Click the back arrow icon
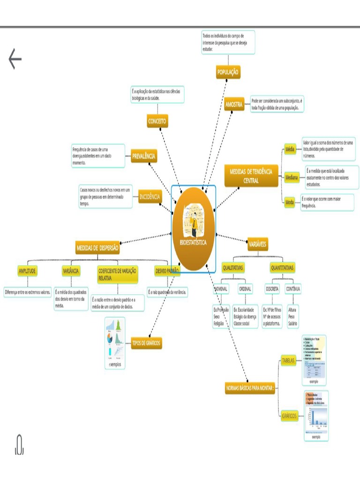15,60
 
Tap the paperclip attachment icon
19,444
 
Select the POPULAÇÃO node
228,72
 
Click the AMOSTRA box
234,105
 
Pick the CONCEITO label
157,121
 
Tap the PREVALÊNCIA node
143,157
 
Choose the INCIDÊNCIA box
150,197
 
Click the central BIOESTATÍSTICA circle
193,229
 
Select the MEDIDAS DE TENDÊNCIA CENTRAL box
251,176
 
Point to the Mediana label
291,178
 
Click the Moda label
290,202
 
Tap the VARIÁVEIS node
258,244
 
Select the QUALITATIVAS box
233,268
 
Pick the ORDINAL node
245,289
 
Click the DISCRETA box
272,289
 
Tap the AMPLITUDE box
27,271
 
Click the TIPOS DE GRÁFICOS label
146,343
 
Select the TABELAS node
288,360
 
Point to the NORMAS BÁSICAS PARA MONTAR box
250,389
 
